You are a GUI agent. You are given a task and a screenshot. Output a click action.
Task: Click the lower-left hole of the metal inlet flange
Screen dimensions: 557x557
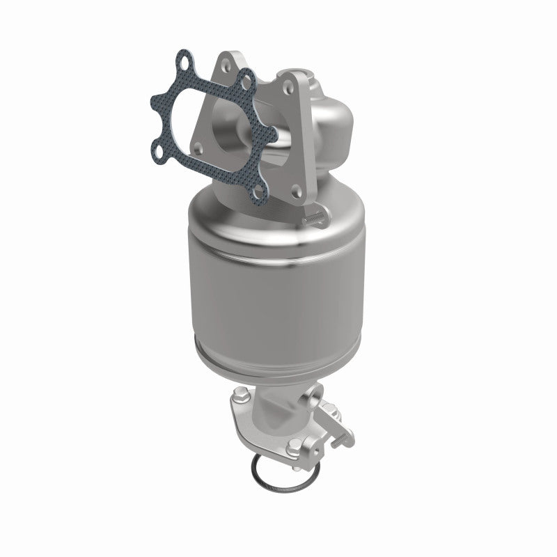pyautogui.click(x=200, y=148)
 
